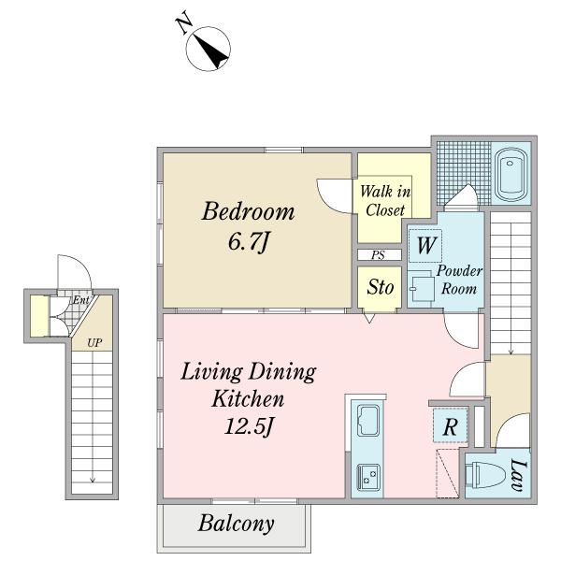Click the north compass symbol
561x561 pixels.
209,49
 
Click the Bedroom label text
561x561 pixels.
249,211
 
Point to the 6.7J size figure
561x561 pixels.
249,241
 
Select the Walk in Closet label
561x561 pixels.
385,201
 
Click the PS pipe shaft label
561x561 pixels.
378,255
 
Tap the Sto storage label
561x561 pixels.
381,287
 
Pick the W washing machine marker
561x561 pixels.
426,245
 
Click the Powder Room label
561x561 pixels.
459,280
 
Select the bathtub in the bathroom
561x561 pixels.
511,174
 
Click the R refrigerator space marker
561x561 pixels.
450,426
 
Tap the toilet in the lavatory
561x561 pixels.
486,474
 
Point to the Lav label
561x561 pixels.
519,475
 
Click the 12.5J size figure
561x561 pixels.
249,426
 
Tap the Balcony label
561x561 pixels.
237,524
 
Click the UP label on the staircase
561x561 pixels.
94,343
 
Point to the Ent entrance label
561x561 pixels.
80,300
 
